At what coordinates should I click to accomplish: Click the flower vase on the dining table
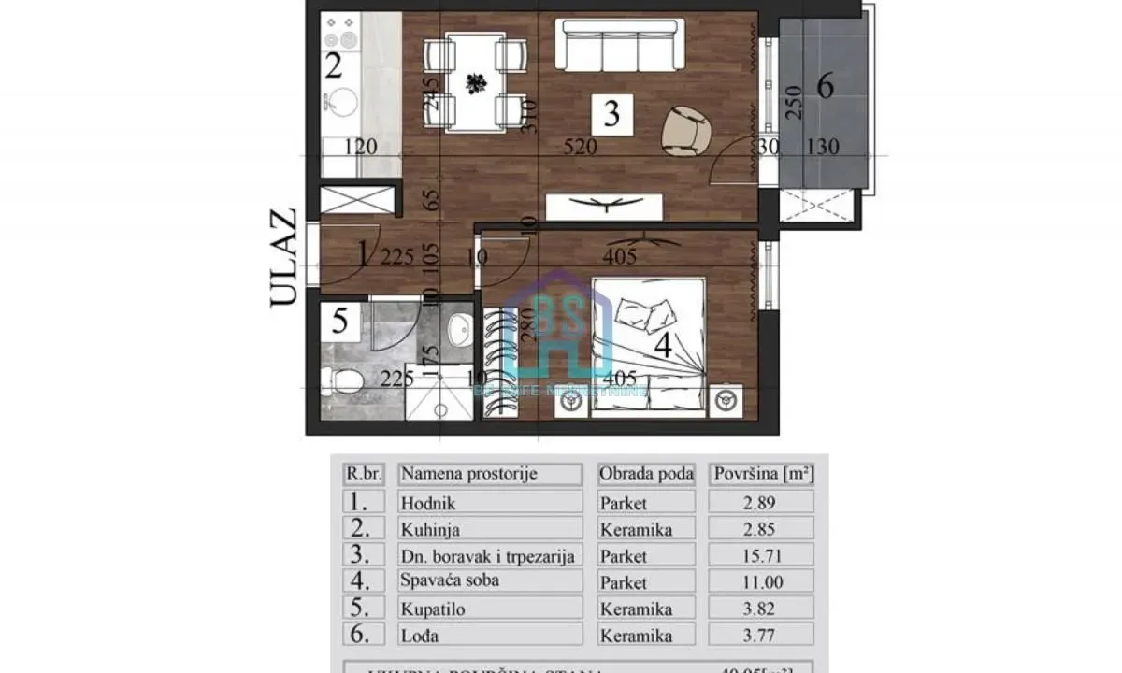point(476,82)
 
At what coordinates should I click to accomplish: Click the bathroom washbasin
point(459,328)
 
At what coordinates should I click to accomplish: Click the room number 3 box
point(611,114)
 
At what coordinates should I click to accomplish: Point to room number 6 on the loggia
point(824,86)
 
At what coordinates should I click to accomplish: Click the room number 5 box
point(340,322)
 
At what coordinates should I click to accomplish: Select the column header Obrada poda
point(646,474)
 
